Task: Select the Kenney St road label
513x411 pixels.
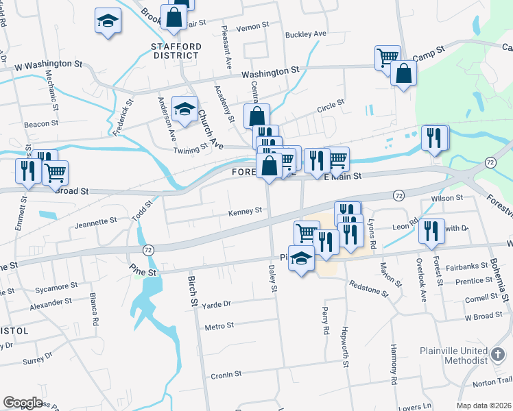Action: pyautogui.click(x=246, y=212)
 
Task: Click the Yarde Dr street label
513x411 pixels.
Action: pyautogui.click(x=218, y=303)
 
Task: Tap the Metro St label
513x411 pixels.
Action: pyautogui.click(x=219, y=326)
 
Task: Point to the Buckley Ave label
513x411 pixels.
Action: pyautogui.click(x=306, y=34)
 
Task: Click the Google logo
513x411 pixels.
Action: pyautogui.click(x=23, y=403)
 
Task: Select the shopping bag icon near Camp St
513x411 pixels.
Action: pyautogui.click(x=404, y=74)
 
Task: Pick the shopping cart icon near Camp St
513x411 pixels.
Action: pyautogui.click(x=387, y=57)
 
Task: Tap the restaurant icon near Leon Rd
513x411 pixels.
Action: pyautogui.click(x=431, y=231)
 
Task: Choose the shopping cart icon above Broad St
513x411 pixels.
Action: pyautogui.click(x=55, y=173)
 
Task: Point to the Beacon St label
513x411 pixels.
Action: pyautogui.click(x=41, y=124)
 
